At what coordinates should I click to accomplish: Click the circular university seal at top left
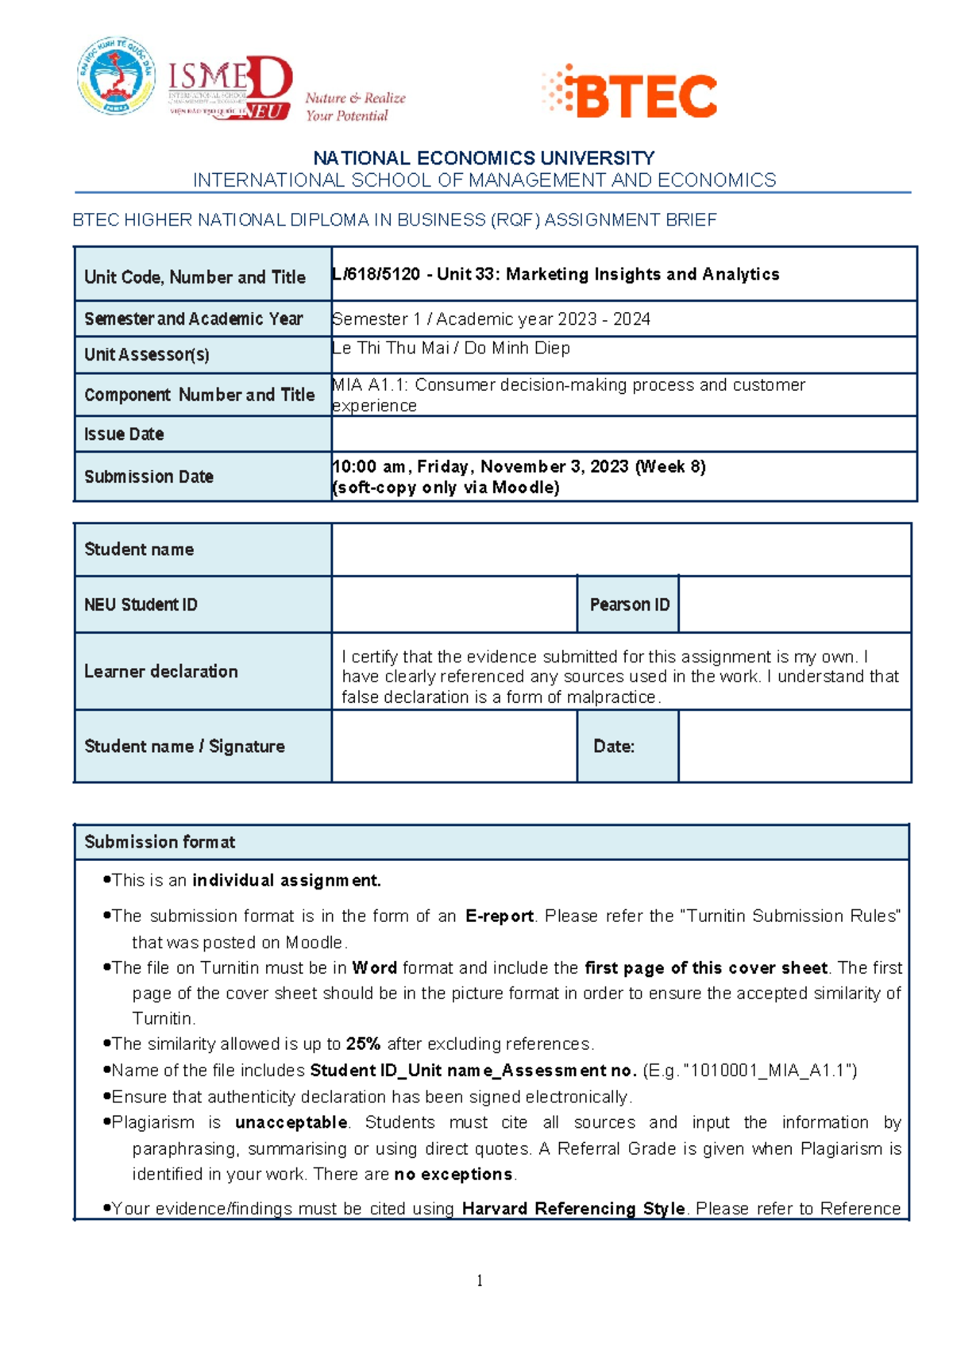(x=116, y=76)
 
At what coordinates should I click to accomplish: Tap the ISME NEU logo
(x=230, y=87)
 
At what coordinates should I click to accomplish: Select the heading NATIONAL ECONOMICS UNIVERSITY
(x=484, y=158)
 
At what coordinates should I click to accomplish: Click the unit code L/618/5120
(x=376, y=275)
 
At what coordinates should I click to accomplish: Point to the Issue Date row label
(x=124, y=434)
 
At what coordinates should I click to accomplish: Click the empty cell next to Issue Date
(x=623, y=434)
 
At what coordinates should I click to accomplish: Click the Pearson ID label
(x=629, y=604)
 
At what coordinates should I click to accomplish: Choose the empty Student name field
(x=621, y=550)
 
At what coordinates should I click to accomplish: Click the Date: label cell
(x=614, y=747)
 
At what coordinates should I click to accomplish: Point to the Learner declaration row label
(x=161, y=671)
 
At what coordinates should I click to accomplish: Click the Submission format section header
(x=160, y=842)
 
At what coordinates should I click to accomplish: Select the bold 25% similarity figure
(x=363, y=1044)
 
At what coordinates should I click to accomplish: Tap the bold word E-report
(x=499, y=917)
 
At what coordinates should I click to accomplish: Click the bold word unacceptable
(x=291, y=1123)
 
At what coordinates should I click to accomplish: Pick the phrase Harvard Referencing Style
(x=573, y=1209)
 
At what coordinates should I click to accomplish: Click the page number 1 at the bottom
(x=480, y=1280)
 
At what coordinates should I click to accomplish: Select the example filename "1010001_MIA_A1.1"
(x=769, y=1071)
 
